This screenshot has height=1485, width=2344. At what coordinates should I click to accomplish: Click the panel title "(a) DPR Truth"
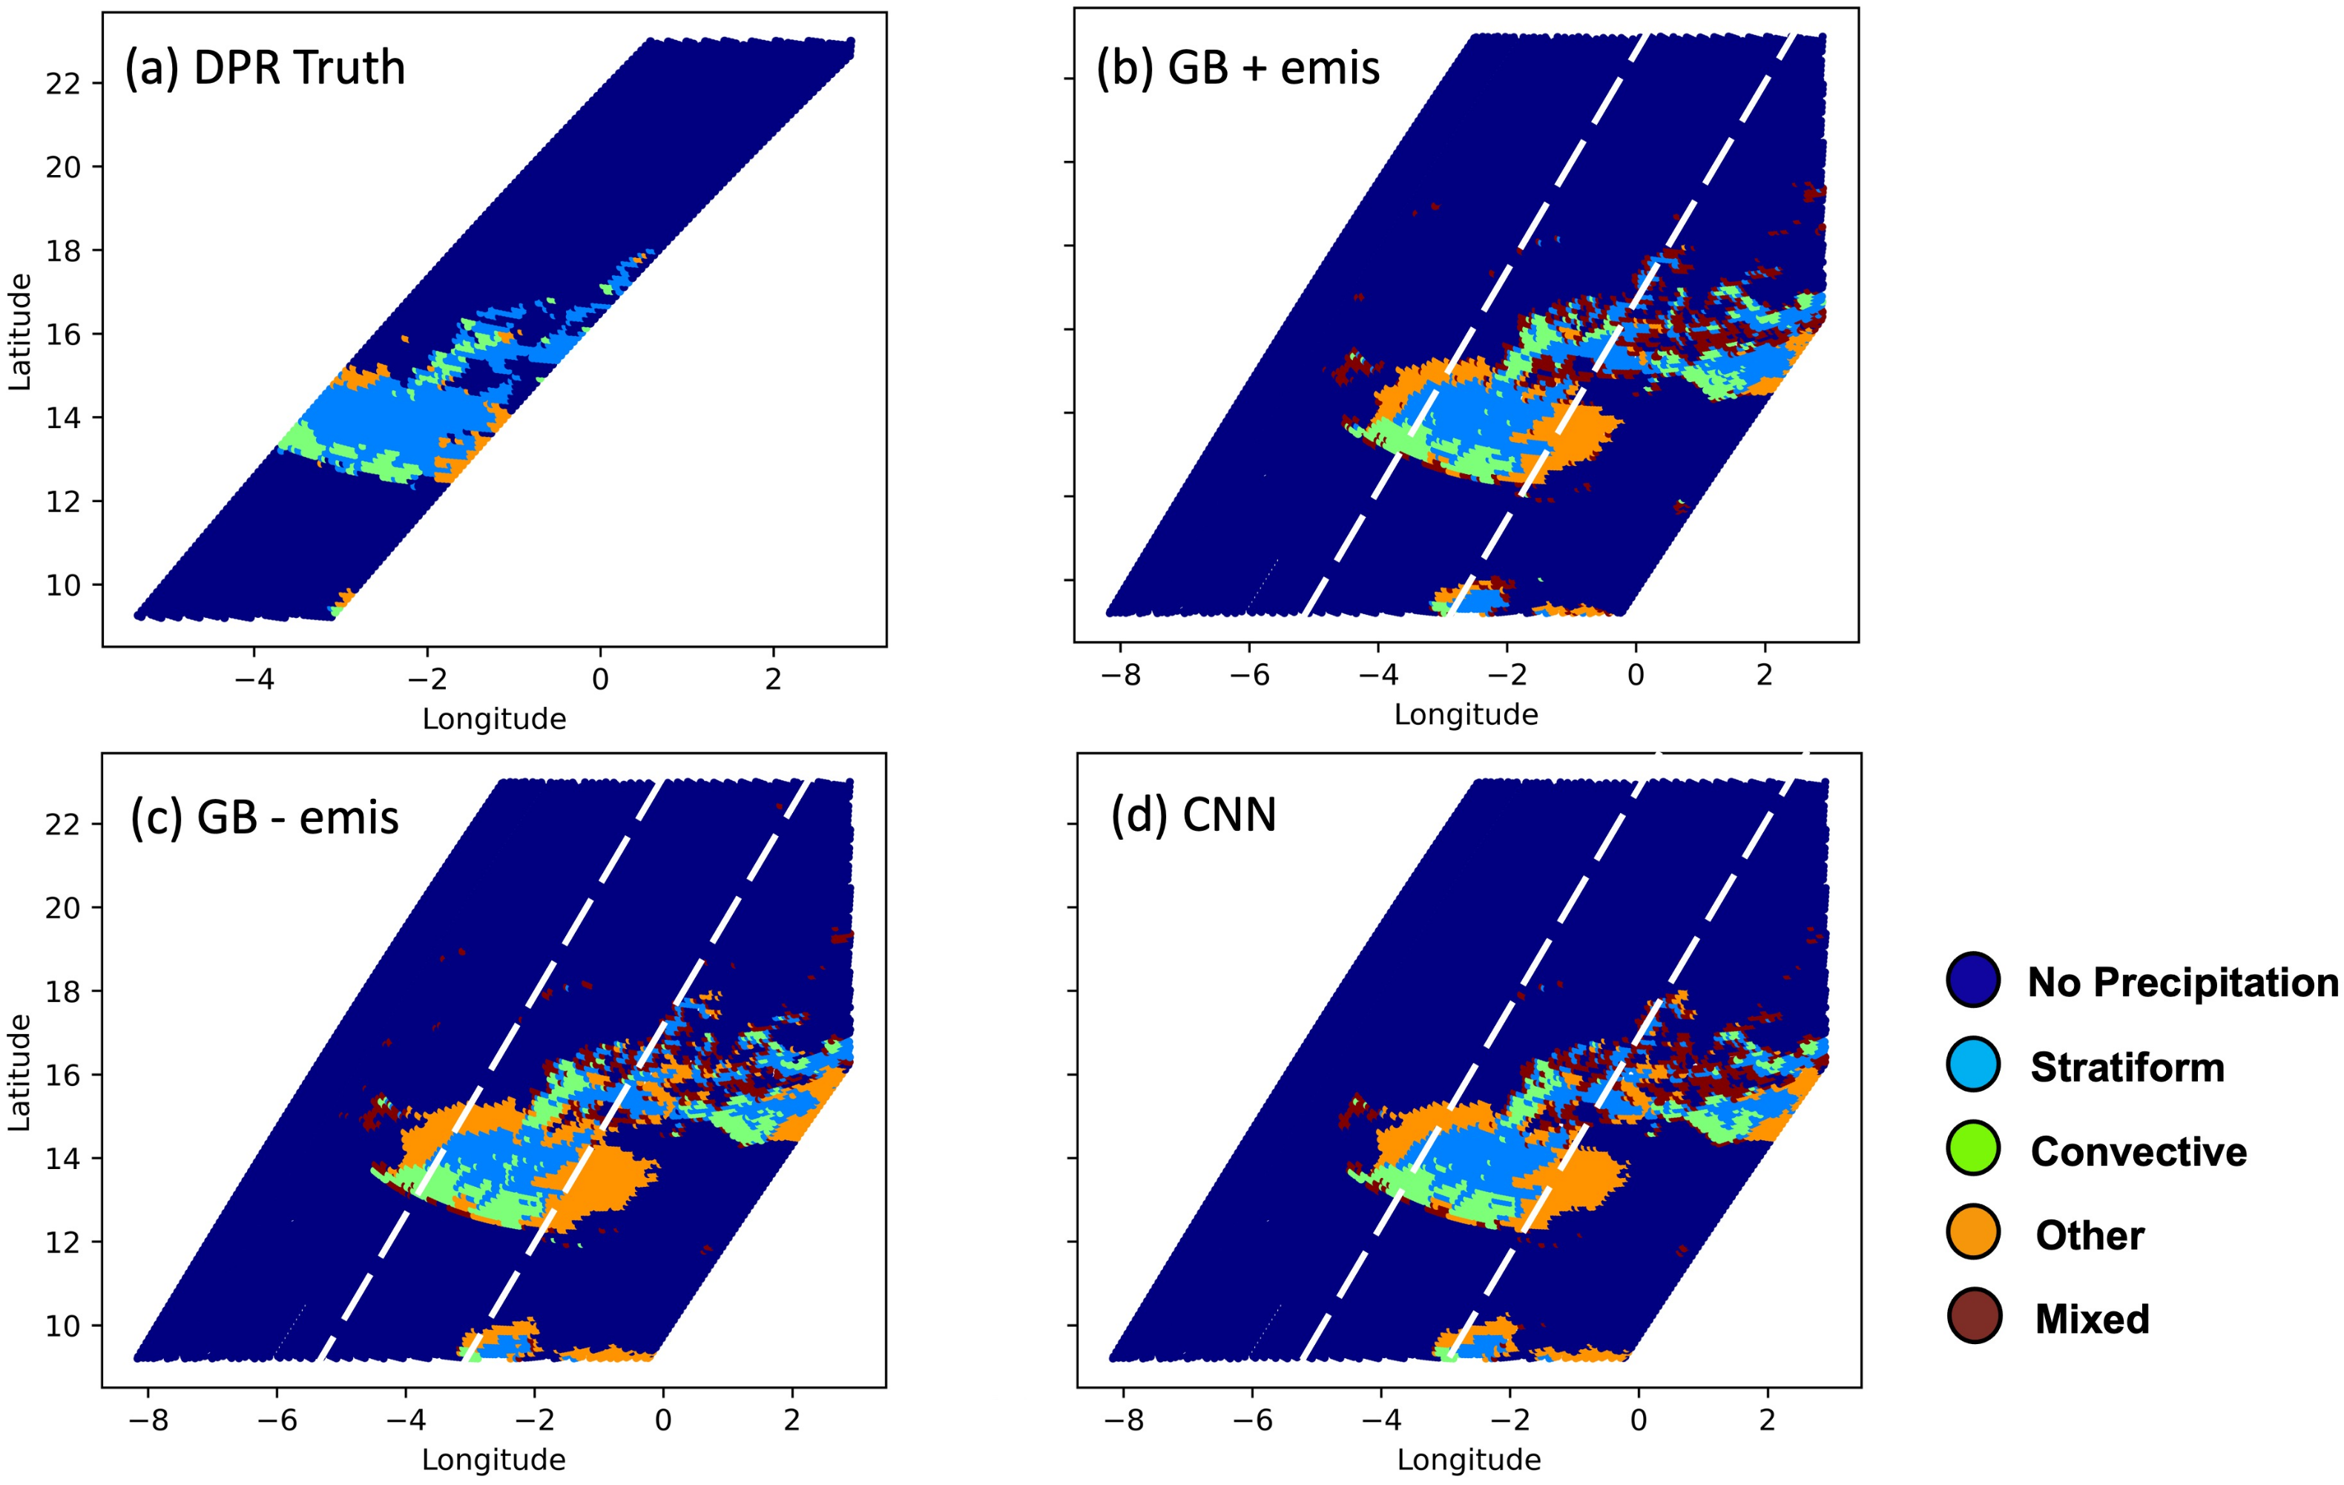pyautogui.click(x=265, y=68)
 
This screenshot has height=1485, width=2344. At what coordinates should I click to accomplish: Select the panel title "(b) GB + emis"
pyautogui.click(x=1237, y=68)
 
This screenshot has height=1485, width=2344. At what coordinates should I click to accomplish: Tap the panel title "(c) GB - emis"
pyautogui.click(x=265, y=817)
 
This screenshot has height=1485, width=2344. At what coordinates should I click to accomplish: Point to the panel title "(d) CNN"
pyautogui.click(x=1194, y=814)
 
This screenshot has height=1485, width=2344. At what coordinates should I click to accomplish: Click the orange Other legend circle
pyautogui.click(x=1973, y=1232)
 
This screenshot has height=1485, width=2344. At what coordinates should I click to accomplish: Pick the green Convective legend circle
pyautogui.click(x=1973, y=1147)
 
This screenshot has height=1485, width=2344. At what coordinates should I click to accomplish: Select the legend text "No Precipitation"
pyautogui.click(x=2182, y=982)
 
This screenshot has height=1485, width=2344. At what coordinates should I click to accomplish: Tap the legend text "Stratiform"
pyautogui.click(x=2127, y=1067)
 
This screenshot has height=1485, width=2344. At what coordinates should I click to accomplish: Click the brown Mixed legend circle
pyautogui.click(x=1973, y=1316)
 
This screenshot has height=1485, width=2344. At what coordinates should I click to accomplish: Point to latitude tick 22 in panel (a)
pyautogui.click(x=62, y=84)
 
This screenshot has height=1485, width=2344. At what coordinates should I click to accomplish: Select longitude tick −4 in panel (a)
pyautogui.click(x=254, y=679)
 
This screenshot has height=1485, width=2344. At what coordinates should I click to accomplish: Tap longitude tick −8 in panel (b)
pyautogui.click(x=1120, y=675)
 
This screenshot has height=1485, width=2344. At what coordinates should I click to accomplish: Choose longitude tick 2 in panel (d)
pyautogui.click(x=1767, y=1420)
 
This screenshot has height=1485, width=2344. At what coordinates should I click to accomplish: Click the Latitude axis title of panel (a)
pyautogui.click(x=19, y=332)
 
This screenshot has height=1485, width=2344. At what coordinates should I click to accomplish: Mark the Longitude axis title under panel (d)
pyautogui.click(x=1468, y=1460)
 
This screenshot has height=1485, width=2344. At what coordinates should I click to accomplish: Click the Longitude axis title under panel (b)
pyautogui.click(x=1465, y=714)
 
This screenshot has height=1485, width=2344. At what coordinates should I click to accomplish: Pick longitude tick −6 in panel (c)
pyautogui.click(x=277, y=1420)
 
